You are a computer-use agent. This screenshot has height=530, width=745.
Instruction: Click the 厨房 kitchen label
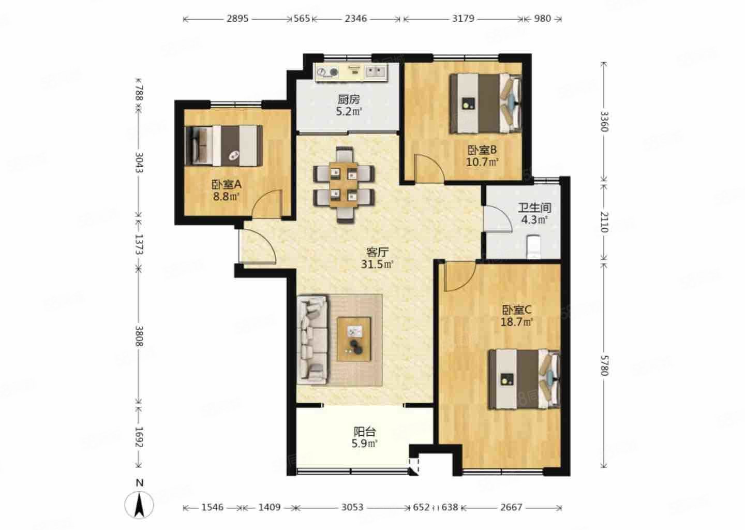pos(349,99)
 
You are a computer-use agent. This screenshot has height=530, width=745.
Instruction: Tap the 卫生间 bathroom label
pos(534,208)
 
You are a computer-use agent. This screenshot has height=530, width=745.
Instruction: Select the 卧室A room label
pos(226,184)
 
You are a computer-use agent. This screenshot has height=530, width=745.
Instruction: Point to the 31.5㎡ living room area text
pos(377,264)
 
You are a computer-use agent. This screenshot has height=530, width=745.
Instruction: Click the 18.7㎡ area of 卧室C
pos(517,322)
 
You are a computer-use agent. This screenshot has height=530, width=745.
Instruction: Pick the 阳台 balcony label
pos(365,432)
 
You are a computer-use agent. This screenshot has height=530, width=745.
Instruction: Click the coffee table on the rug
pos(354,339)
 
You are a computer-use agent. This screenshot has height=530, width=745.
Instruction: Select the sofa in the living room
pos(312,340)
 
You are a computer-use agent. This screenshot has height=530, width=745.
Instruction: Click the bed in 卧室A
pos(224,145)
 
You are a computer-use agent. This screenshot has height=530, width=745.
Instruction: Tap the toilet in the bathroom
pos(534,246)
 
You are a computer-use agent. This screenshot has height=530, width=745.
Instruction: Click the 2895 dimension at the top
pos(237,19)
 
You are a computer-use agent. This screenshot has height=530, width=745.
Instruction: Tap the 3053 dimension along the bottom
pos(352,507)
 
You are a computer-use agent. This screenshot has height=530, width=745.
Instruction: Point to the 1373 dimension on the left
pos(139,244)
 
